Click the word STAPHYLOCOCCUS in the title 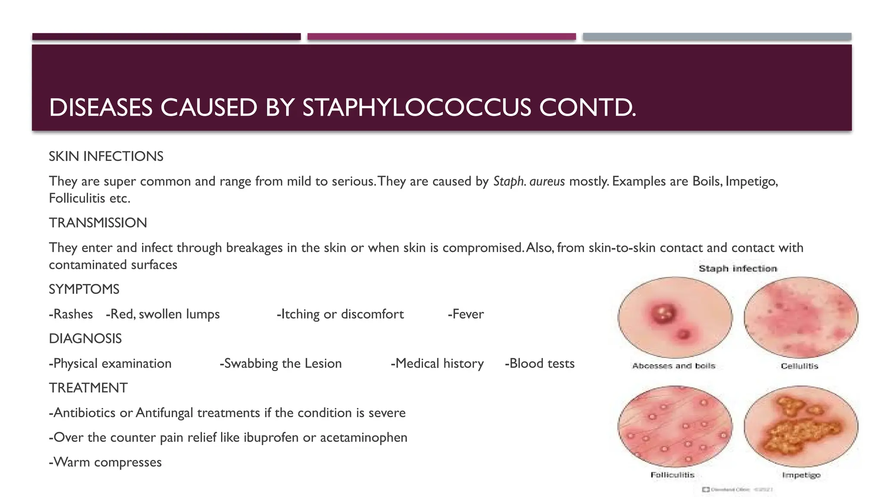[416, 108]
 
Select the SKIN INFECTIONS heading [106, 156]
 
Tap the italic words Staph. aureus [529, 181]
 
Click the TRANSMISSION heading [98, 223]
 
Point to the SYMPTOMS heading [84, 289]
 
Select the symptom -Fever [466, 314]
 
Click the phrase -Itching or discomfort [340, 314]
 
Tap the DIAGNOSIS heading [85, 339]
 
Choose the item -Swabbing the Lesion [281, 364]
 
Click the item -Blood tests [540, 364]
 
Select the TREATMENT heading [88, 388]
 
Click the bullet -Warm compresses [105, 462]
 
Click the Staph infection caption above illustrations [738, 269]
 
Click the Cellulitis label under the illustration [799, 366]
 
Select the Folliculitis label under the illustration [672, 475]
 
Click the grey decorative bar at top [717, 37]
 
